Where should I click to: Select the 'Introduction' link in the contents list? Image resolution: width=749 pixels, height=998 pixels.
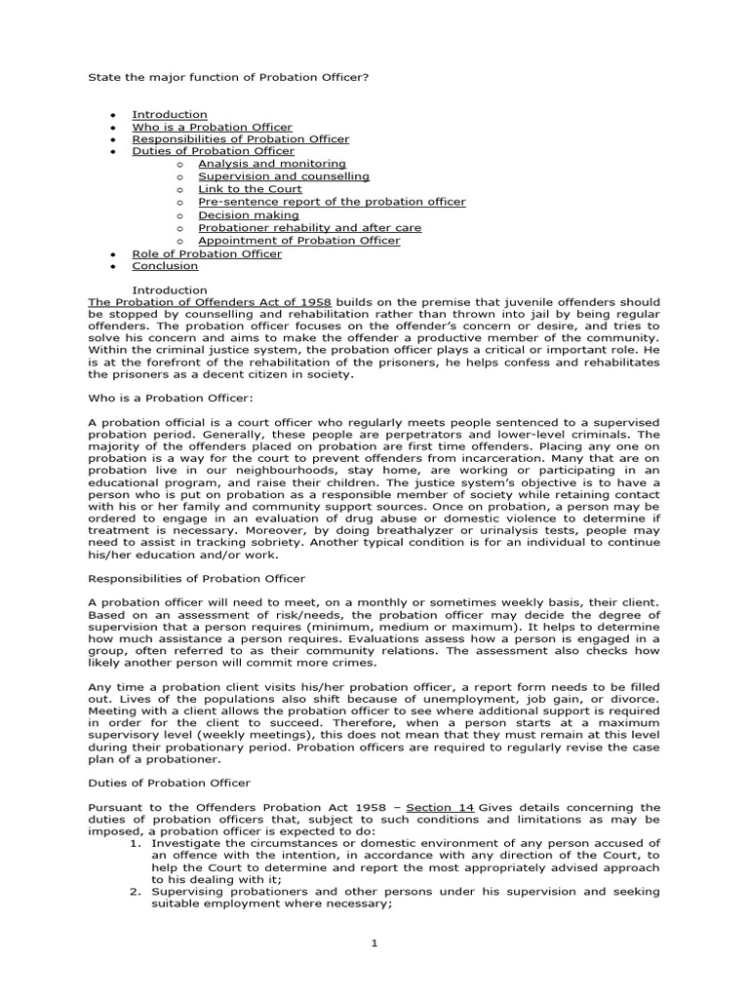pos(170,114)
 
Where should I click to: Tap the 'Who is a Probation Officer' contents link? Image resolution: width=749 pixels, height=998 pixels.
pos(212,127)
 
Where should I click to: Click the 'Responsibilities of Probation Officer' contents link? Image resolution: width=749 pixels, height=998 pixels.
pos(240,139)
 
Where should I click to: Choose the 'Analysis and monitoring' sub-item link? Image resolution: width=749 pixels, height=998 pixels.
pos(271,164)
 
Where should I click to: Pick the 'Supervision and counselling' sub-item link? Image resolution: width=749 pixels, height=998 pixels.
pos(284,176)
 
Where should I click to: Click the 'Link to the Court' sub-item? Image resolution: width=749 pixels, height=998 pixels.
pos(250,189)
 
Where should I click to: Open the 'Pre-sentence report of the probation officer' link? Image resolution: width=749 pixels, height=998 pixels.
pos(332,202)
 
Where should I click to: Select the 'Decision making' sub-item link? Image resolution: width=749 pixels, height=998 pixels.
pos(245,214)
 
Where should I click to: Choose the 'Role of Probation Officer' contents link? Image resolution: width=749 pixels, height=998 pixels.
pos(207,253)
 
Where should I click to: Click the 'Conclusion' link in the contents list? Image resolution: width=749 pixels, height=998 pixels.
pos(165,265)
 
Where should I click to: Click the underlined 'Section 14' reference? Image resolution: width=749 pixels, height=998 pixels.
pos(434,807)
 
